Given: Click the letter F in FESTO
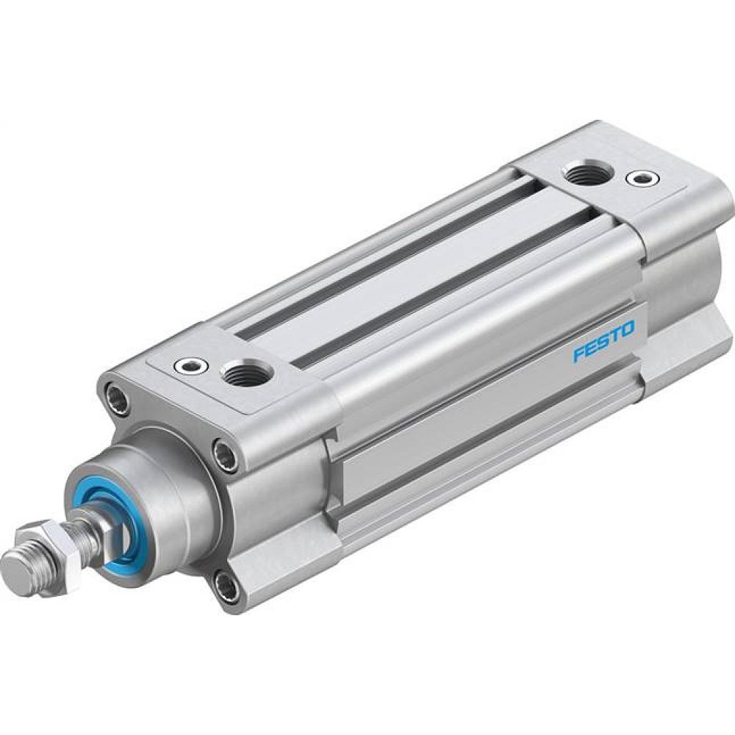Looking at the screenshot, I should click(x=578, y=356).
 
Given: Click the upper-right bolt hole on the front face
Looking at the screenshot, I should click(x=226, y=454).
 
